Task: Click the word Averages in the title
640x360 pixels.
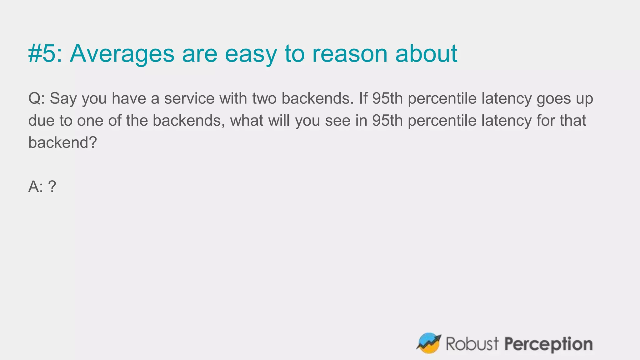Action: (x=122, y=53)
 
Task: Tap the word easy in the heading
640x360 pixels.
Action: (x=251, y=54)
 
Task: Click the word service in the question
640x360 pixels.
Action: (x=189, y=99)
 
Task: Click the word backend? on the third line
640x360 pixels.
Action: (x=62, y=143)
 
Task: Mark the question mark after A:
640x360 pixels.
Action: (x=52, y=187)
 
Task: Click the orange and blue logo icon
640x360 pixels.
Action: (x=428, y=343)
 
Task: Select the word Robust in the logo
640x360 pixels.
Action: (x=472, y=344)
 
